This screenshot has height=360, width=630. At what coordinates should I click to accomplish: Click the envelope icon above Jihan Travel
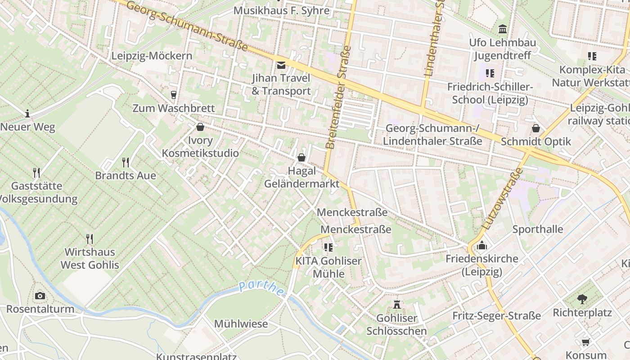click(281, 65)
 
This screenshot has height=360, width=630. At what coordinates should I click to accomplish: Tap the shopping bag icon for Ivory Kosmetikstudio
click(200, 127)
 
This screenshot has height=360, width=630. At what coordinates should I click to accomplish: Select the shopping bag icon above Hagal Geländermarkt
click(301, 157)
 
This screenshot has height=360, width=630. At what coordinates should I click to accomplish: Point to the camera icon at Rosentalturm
click(40, 296)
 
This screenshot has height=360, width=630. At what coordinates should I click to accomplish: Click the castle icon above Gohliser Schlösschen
click(396, 305)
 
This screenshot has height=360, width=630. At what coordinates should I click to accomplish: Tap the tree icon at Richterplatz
click(582, 299)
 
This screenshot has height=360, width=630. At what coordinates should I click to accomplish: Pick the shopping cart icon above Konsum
click(585, 342)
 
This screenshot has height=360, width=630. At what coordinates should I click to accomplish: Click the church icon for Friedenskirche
click(482, 246)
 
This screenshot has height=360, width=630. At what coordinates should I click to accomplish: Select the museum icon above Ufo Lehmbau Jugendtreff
click(503, 29)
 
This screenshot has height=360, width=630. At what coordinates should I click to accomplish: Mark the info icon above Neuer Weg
click(27, 113)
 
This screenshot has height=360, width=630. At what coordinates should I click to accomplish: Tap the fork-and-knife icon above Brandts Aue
click(126, 162)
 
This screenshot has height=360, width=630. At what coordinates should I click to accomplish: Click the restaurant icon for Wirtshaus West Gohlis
click(90, 238)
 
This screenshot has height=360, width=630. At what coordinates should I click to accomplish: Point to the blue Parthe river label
click(261, 288)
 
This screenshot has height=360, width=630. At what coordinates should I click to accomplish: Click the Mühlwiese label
click(241, 324)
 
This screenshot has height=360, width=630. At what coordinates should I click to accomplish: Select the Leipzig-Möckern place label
click(152, 56)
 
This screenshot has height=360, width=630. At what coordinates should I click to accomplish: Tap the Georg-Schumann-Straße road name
click(187, 25)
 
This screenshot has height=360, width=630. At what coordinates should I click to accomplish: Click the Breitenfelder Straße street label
click(338, 97)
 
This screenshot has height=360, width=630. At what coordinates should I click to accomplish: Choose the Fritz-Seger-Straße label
click(496, 315)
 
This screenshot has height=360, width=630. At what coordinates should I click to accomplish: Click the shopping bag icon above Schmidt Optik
click(535, 128)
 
